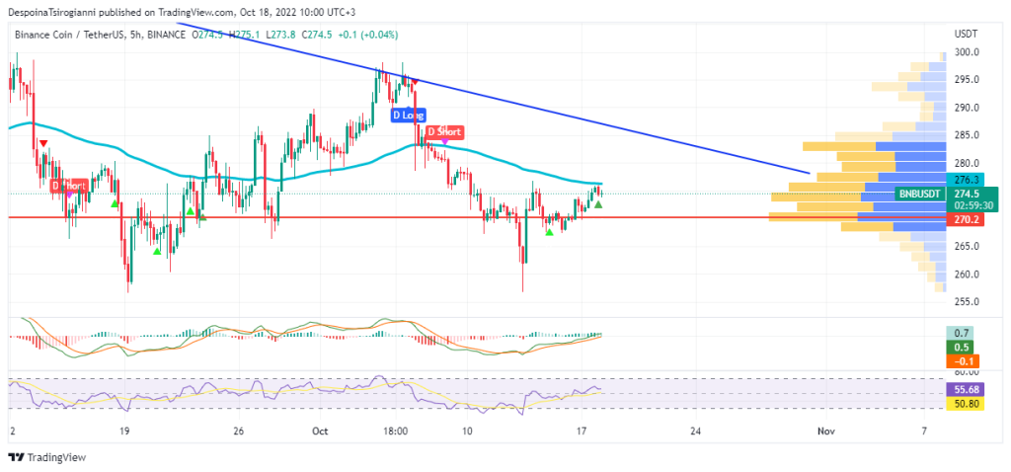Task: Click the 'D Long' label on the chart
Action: [x=408, y=116]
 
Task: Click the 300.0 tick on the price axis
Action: [x=966, y=52]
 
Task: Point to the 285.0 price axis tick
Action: [x=966, y=135]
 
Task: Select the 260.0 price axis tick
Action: [x=966, y=275]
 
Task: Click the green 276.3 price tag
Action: [x=966, y=180]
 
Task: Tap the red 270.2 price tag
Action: [x=966, y=220]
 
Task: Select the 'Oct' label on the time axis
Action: [x=319, y=432]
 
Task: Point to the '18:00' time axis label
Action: [x=396, y=432]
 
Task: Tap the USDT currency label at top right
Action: [x=966, y=34]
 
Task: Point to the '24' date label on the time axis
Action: [x=695, y=432]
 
